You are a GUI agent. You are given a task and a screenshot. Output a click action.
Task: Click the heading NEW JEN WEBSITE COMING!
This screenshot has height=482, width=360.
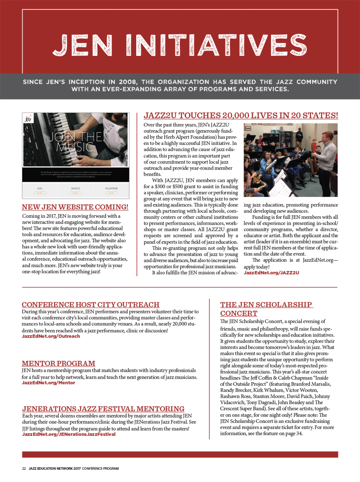tap(75, 207)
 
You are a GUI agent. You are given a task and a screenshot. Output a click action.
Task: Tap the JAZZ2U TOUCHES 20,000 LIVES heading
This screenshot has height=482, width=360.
tap(241, 115)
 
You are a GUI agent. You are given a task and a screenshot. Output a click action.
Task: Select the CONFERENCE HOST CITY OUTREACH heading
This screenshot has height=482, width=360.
tap(90, 305)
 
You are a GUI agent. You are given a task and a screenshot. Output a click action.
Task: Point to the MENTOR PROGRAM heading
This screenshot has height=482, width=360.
tap(58, 363)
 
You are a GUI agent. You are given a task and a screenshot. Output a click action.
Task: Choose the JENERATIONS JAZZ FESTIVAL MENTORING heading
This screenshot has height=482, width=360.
tap(103, 409)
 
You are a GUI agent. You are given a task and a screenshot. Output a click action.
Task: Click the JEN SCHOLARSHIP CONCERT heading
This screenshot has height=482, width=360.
tap(266, 309)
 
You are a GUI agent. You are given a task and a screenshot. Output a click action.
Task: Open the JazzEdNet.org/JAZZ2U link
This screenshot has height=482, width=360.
tap(271, 273)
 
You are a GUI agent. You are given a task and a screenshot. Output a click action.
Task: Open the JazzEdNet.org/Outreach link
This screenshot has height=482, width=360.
tap(51, 336)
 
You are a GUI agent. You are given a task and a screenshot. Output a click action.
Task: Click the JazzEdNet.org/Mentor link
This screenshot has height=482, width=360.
tap(48, 383)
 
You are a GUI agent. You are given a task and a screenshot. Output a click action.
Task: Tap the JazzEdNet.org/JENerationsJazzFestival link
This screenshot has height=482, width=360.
tap(69, 435)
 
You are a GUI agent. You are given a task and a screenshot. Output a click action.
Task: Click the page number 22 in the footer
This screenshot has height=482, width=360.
tap(24, 469)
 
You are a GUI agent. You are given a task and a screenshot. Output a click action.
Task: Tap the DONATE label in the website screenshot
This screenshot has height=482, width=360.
tap(76, 188)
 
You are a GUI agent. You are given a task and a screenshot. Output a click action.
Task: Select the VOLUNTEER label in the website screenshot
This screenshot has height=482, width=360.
tap(111, 188)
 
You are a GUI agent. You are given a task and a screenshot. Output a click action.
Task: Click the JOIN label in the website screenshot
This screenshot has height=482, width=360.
tap(40, 188)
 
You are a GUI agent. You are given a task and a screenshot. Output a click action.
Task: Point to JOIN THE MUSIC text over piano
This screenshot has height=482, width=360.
tap(75, 142)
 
